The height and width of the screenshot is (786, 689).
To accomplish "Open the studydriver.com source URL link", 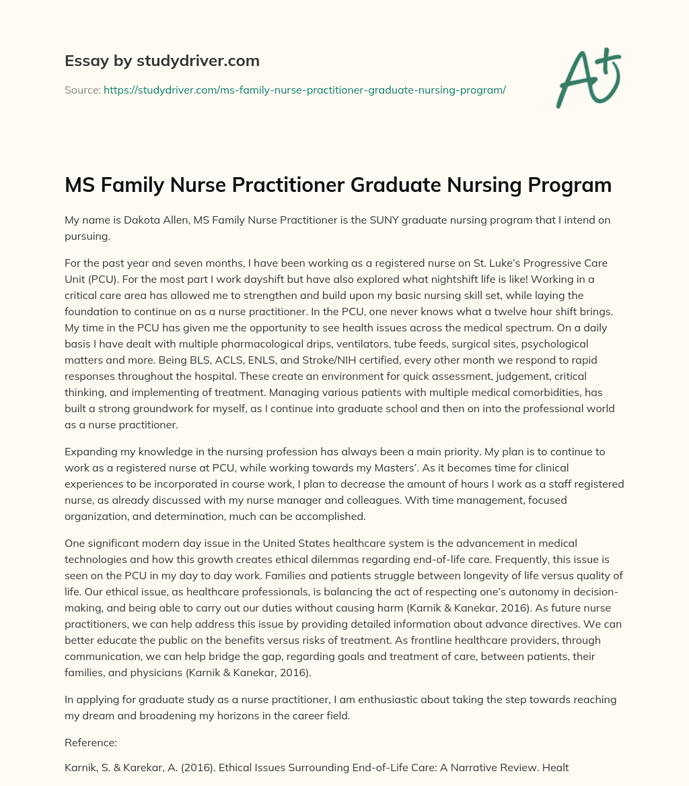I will [304, 89].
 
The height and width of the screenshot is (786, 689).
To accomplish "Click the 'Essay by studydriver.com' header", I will [161, 61].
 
